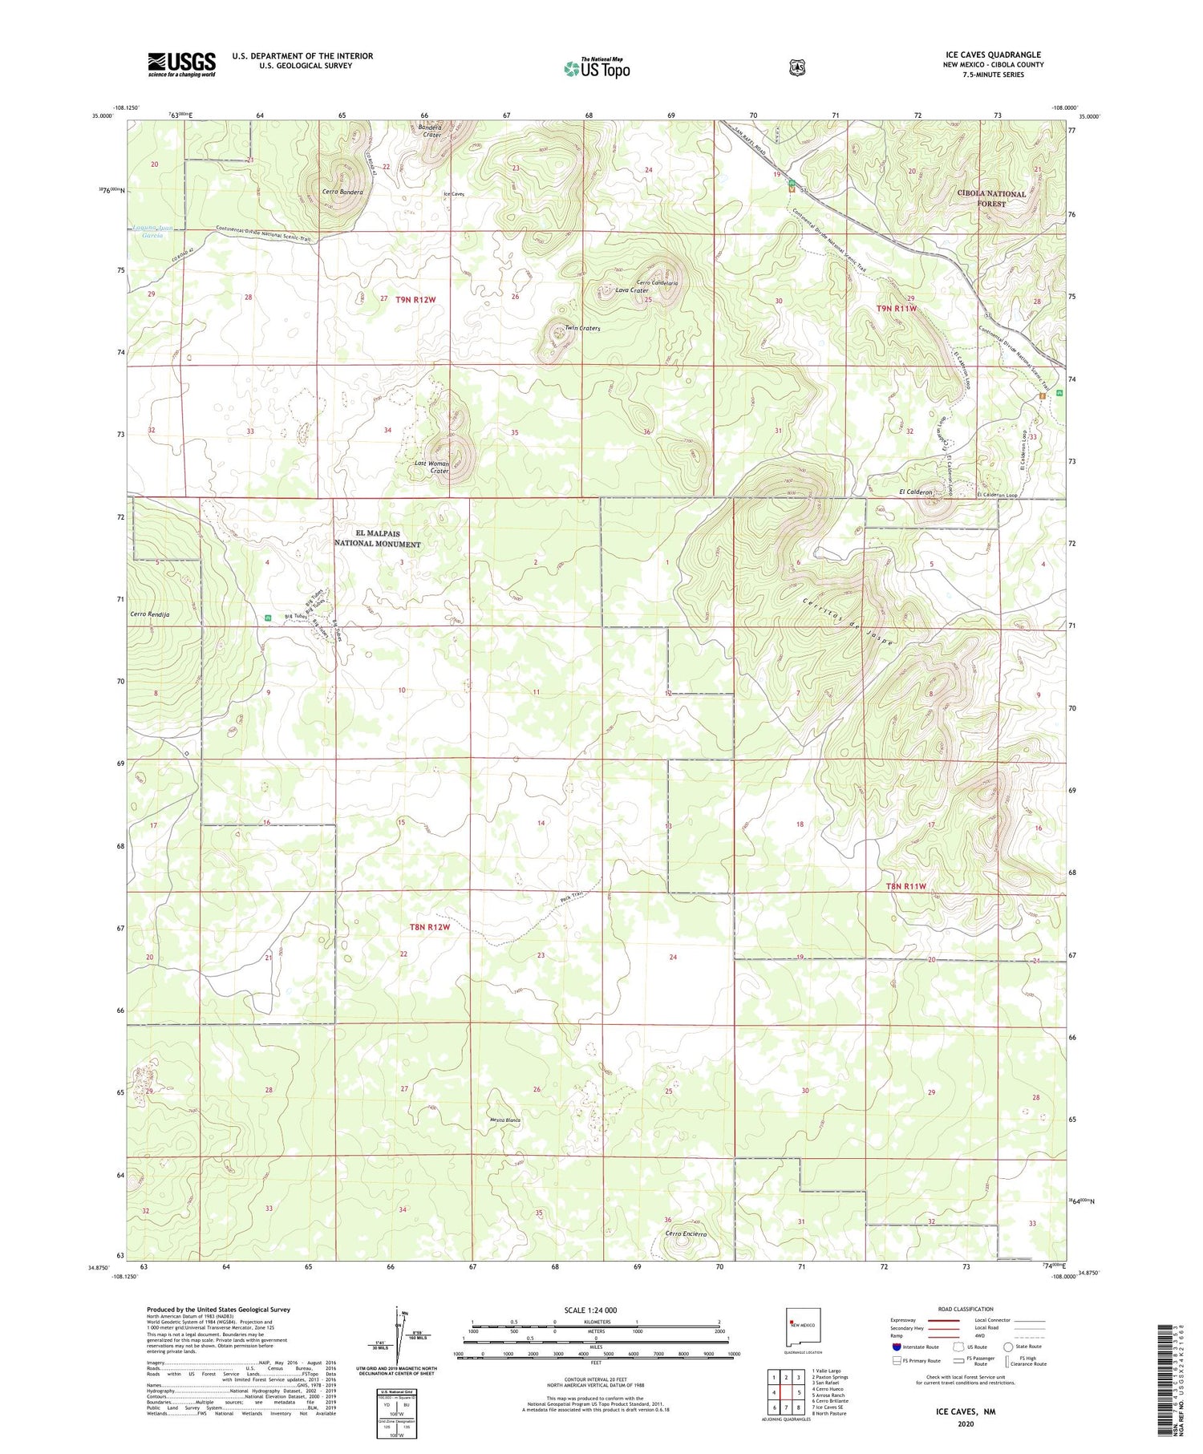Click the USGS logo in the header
(181, 64)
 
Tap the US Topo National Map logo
(596, 68)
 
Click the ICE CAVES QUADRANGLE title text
(994, 55)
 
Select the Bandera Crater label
(431, 130)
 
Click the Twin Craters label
(582, 328)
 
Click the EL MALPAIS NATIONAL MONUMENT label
(377, 538)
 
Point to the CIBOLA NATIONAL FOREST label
(991, 199)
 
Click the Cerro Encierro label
(685, 1234)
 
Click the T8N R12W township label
(430, 926)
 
